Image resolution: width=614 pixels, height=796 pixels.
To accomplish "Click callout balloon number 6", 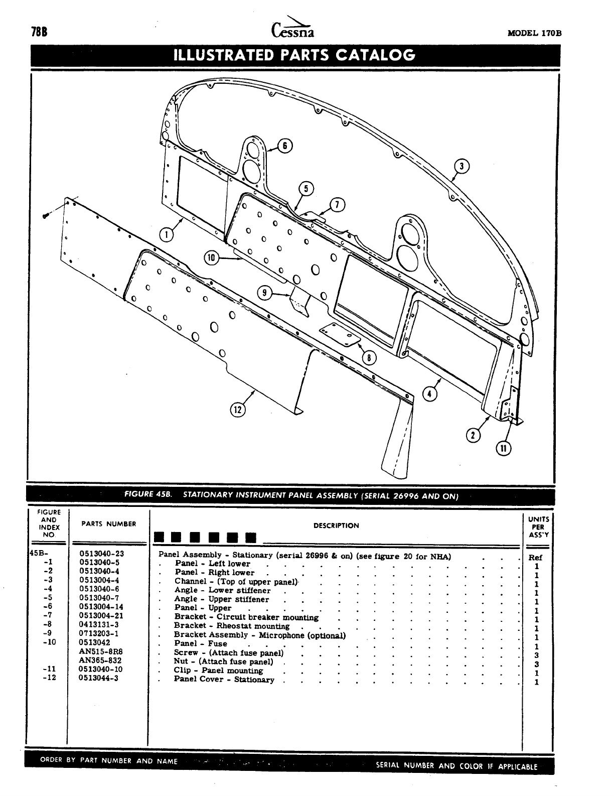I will pyautogui.click(x=285, y=146).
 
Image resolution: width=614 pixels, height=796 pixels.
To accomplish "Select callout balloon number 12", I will pyautogui.click(x=237, y=410).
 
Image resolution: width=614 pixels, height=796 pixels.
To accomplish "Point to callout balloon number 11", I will pyautogui.click(x=503, y=448).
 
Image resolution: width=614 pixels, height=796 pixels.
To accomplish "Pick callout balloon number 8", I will pyautogui.click(x=369, y=357).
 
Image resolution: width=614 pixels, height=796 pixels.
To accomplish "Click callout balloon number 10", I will pyautogui.click(x=211, y=258).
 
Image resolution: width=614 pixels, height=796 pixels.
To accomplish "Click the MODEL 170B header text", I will pyautogui.click(x=534, y=34).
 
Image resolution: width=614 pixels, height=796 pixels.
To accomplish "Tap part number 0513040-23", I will pyautogui.click(x=102, y=554).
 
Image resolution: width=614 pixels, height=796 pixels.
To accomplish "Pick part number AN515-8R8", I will pyautogui.click(x=100, y=652).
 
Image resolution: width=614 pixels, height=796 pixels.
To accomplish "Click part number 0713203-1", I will pyautogui.click(x=99, y=634).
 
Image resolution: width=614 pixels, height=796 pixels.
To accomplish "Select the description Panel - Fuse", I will pyautogui.click(x=201, y=643).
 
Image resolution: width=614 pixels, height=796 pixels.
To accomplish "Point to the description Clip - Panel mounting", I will pyautogui.click(x=218, y=671).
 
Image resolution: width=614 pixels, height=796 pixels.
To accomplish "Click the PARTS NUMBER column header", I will pyautogui.click(x=108, y=524).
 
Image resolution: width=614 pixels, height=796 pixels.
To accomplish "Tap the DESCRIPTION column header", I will pyautogui.click(x=336, y=525).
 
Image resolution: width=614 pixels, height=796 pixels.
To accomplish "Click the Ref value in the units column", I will pyautogui.click(x=536, y=557).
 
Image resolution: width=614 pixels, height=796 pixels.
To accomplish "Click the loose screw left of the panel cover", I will pyautogui.click(x=46, y=215).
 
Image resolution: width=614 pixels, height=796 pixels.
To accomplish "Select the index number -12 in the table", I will pyautogui.click(x=49, y=678).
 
